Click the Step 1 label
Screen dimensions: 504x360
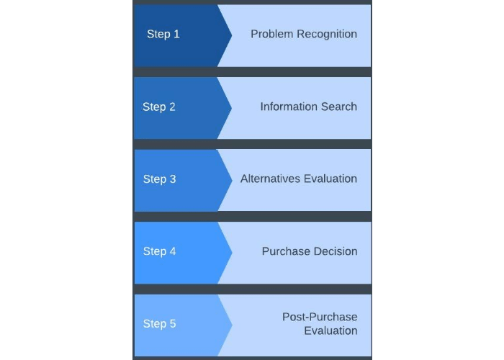(163, 34)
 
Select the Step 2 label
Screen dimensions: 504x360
(159, 107)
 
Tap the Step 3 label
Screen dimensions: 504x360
(159, 179)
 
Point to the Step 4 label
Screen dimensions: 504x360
(159, 251)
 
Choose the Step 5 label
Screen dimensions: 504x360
(159, 323)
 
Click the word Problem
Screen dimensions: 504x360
(272, 34)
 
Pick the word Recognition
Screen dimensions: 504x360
(327, 35)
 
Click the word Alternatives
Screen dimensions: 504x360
(270, 179)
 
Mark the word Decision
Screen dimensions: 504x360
(334, 251)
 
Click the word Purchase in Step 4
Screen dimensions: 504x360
(285, 251)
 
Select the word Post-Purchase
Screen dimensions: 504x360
(320, 317)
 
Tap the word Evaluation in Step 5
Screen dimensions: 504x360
(330, 330)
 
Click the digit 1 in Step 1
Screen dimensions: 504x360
(176, 34)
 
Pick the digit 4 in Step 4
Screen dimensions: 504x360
(173, 251)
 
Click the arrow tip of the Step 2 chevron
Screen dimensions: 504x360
(231, 108)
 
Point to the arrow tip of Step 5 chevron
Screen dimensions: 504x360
(232, 325)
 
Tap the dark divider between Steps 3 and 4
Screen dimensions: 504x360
(252, 216)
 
